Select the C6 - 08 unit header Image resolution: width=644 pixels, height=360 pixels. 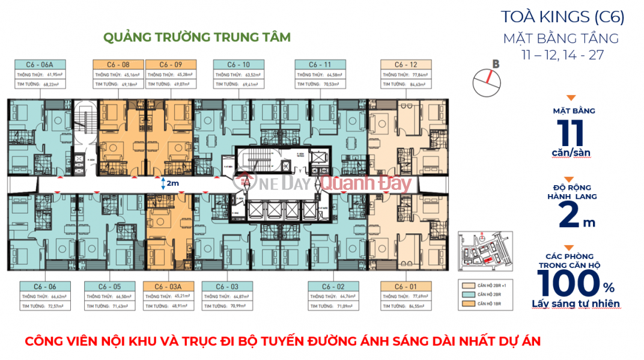pos(118,64)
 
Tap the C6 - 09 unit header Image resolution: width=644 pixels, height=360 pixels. pos(168,64)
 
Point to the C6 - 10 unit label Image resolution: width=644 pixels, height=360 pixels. pos(239,64)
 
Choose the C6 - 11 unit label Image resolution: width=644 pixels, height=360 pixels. pos(320,64)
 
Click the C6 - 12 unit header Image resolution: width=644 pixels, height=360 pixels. pos(406,64)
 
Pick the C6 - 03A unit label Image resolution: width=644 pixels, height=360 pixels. pos(168,287)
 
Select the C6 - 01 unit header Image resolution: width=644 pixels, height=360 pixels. pos(406,287)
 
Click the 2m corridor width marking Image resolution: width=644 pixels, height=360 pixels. pos(171,183)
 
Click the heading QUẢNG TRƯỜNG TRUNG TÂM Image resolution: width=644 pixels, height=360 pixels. pos(196,37)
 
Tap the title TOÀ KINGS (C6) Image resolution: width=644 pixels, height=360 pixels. pos(562,17)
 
